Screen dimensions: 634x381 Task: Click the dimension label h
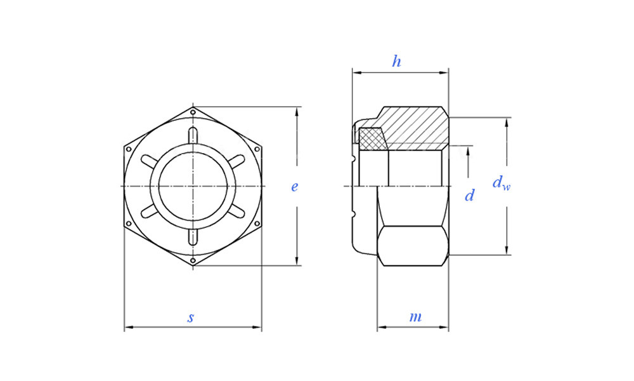click(397, 62)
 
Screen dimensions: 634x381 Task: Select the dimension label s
click(190, 317)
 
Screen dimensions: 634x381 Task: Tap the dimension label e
click(294, 187)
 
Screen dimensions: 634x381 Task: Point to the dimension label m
click(415, 317)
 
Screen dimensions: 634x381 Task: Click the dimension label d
click(469, 196)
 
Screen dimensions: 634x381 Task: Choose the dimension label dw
click(501, 183)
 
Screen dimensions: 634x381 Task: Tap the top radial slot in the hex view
click(193, 135)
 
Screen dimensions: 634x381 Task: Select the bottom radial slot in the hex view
click(193, 237)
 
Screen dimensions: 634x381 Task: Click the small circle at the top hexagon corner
click(193, 112)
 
